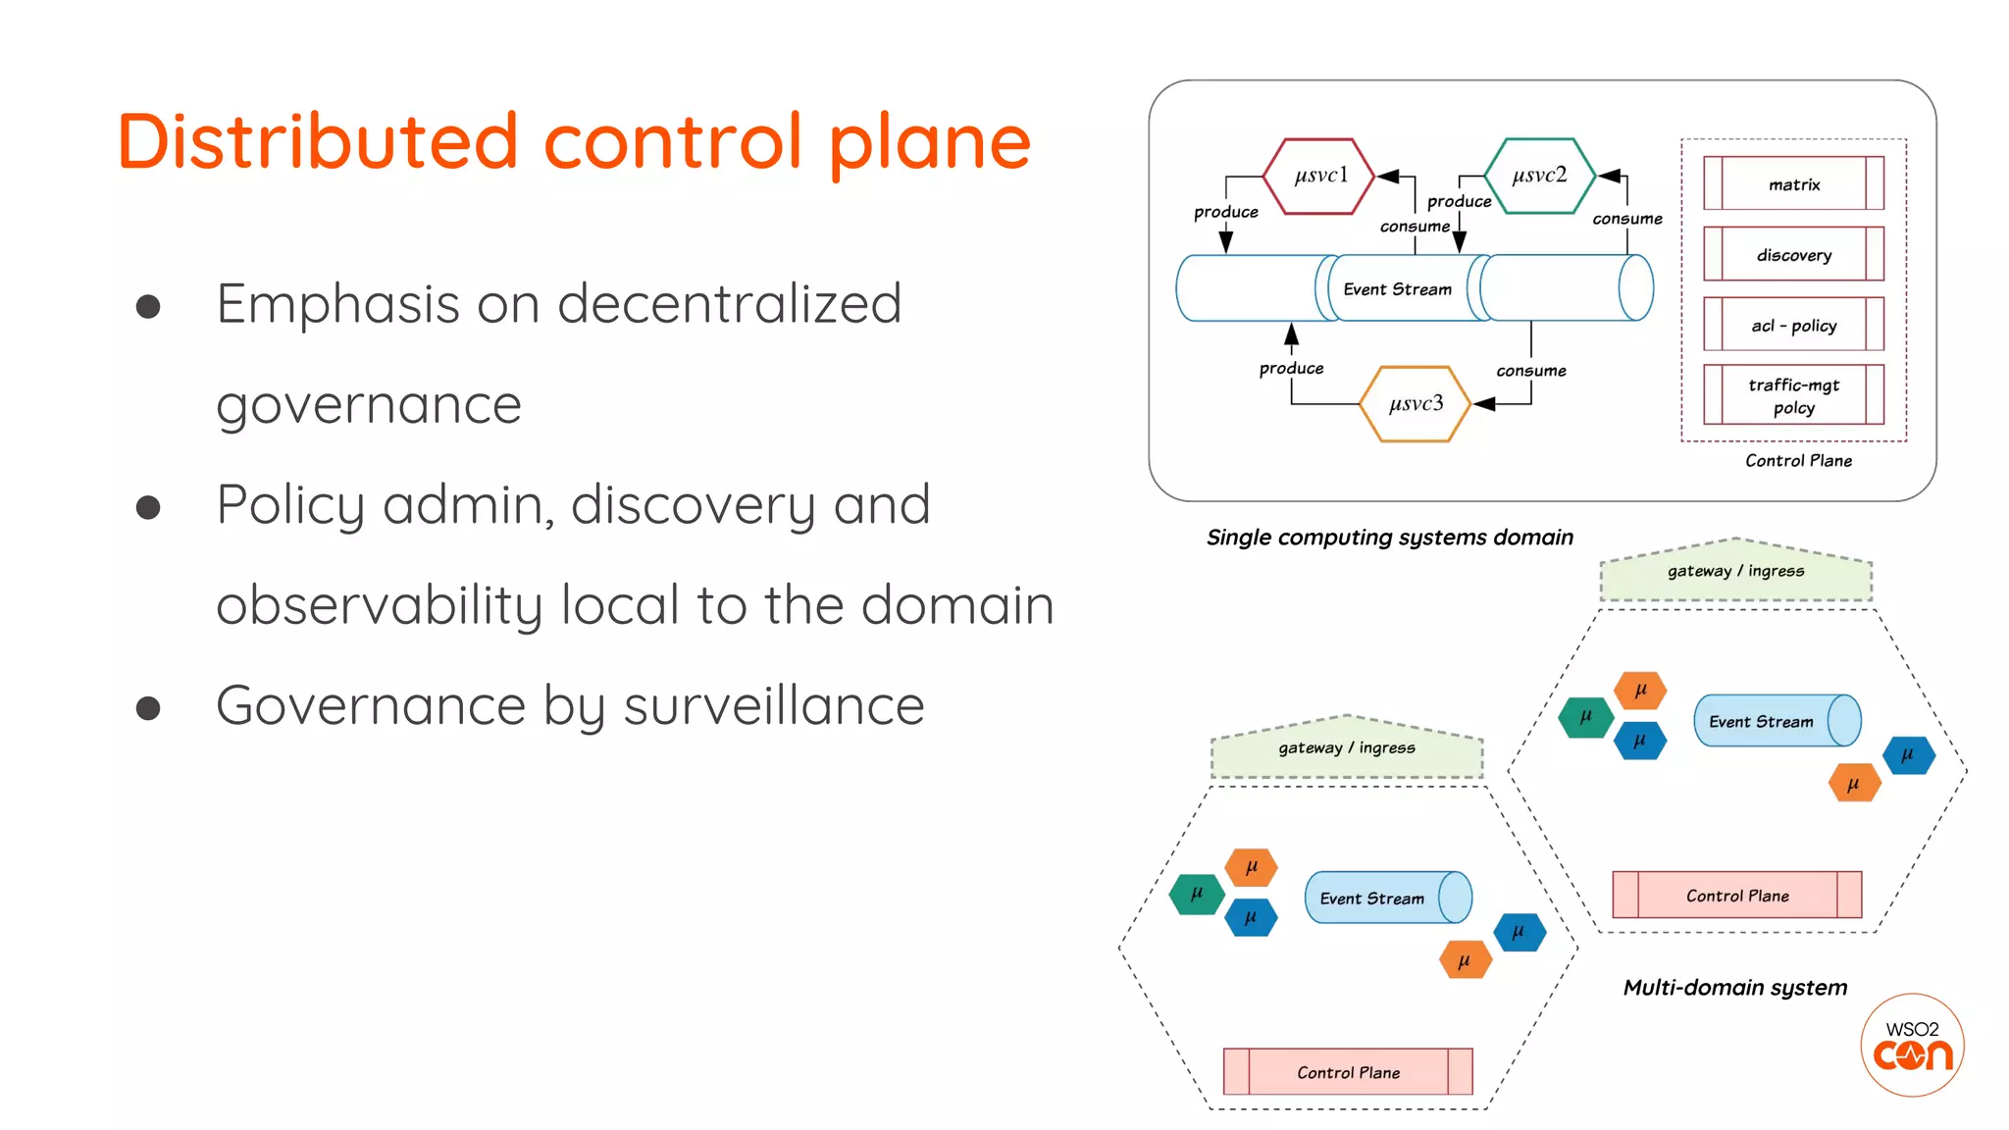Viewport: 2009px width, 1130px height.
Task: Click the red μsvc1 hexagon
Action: click(1319, 177)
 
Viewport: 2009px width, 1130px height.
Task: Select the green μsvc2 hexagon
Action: click(1539, 177)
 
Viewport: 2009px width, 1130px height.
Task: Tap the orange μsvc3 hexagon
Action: click(1416, 404)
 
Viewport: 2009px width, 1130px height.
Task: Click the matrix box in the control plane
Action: click(1793, 184)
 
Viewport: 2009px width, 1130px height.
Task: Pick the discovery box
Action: click(1793, 255)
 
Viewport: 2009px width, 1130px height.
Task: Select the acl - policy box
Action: click(1793, 325)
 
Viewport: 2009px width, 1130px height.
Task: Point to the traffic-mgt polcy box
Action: click(1793, 395)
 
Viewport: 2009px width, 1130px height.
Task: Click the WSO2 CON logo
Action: click(1912, 1046)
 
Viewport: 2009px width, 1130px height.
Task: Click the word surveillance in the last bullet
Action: click(774, 706)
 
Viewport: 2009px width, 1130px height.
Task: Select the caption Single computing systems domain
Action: click(1389, 538)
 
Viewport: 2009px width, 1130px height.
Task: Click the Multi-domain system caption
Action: click(1734, 988)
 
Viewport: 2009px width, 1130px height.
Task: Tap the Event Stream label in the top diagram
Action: click(1397, 289)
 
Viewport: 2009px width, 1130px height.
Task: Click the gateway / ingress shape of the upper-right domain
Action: click(1735, 572)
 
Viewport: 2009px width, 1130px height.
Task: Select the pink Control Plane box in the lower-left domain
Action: click(1348, 1072)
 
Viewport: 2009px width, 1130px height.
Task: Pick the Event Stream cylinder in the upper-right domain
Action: click(1776, 721)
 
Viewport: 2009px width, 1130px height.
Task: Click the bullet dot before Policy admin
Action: click(148, 507)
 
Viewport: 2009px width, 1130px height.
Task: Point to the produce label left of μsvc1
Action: click(1225, 212)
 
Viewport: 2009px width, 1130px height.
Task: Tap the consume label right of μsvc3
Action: click(1530, 371)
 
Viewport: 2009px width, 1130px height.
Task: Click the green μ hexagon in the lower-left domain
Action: click(1197, 895)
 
